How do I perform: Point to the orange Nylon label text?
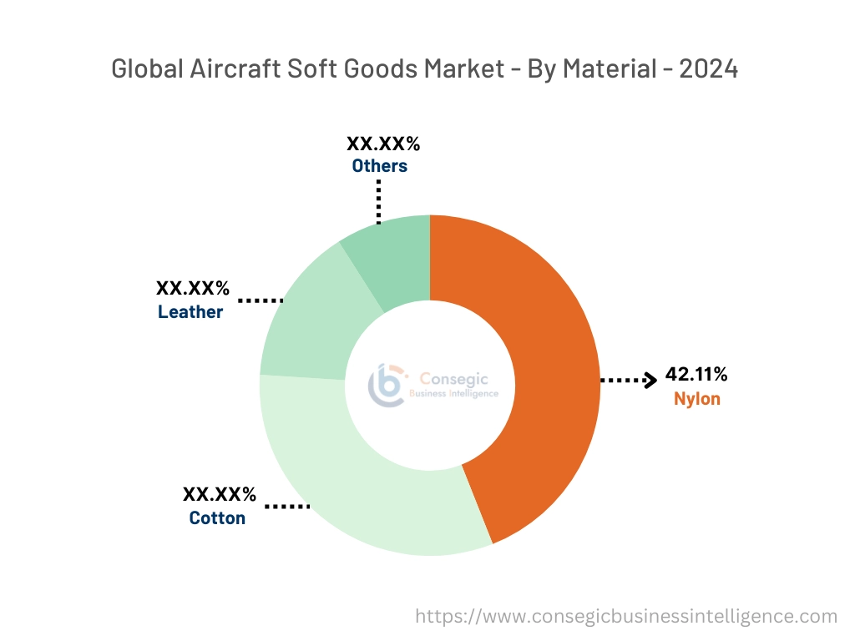(x=696, y=399)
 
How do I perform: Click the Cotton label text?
(x=217, y=518)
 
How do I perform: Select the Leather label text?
(x=190, y=312)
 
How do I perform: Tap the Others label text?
(x=379, y=166)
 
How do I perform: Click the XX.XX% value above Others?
(x=384, y=144)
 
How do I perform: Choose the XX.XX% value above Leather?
(x=192, y=289)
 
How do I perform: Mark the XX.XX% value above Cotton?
(x=220, y=494)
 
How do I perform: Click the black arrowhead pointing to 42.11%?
(x=649, y=381)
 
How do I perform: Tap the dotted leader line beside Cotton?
(x=286, y=506)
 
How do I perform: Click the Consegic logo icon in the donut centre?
(x=387, y=383)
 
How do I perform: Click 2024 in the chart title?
(x=708, y=69)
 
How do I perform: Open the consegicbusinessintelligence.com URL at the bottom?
(x=626, y=616)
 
